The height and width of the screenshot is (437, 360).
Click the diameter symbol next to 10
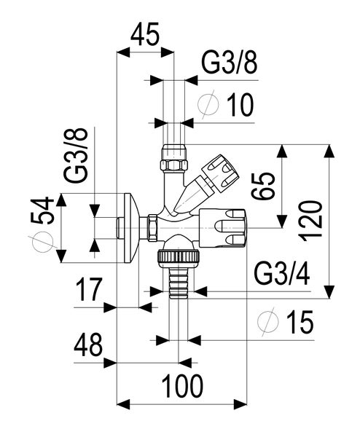208,106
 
